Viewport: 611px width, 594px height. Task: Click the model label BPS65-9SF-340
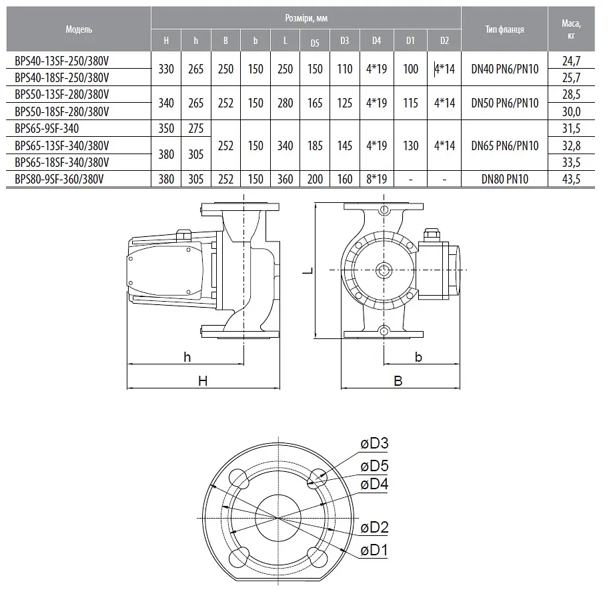pos(47,128)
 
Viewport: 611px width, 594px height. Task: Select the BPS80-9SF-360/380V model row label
pos(59,179)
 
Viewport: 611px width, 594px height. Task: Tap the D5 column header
pos(315,43)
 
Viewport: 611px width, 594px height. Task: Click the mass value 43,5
pos(571,179)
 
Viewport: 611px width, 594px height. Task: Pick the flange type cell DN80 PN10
pos(505,179)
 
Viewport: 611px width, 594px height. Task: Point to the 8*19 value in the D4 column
pos(376,179)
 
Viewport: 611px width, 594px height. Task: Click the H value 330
pos(166,69)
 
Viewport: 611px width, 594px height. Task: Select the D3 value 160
pos(344,179)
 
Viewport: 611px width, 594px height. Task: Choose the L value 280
pos(285,103)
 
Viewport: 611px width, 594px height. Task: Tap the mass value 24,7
pos(571,61)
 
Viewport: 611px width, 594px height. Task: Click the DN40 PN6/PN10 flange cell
pos(505,69)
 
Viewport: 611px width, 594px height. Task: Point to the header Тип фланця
pos(505,29)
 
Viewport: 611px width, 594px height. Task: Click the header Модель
pos(79,29)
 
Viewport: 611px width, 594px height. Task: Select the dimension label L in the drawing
pos(308,270)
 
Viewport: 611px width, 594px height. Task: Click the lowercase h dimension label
pos(187,357)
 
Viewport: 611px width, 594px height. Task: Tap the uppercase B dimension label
pos(398,380)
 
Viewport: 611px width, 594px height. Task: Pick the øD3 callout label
pos(374,443)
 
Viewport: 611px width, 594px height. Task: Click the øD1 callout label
pos(374,551)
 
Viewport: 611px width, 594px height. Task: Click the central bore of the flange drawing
pos(278,518)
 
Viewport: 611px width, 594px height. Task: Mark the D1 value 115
pos(410,103)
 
